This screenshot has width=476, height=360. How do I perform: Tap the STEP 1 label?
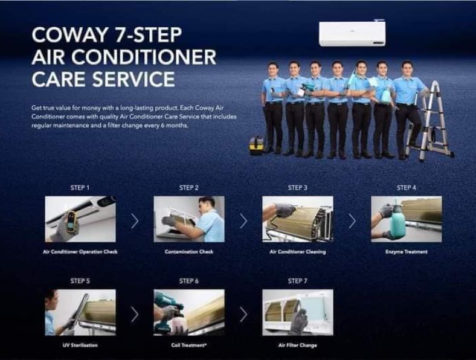(80, 188)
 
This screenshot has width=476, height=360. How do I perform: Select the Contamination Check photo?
(188, 219)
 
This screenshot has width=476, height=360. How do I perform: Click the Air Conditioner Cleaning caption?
(297, 252)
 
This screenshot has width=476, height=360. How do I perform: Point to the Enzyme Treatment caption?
(406, 252)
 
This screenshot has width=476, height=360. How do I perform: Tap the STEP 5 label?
(80, 281)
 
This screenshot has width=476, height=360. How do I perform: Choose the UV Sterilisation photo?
(80, 312)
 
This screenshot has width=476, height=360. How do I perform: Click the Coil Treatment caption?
(188, 346)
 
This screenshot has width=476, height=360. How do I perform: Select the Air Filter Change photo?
(297, 312)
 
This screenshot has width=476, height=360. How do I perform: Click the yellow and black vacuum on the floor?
(256, 144)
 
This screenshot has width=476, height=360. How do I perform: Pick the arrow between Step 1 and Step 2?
(134, 220)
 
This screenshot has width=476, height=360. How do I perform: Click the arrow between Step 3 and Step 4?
(352, 220)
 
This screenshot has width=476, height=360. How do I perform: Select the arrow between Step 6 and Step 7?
(243, 314)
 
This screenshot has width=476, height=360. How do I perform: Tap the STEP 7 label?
(297, 281)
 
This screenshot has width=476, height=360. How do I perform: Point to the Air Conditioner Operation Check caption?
(80, 252)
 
